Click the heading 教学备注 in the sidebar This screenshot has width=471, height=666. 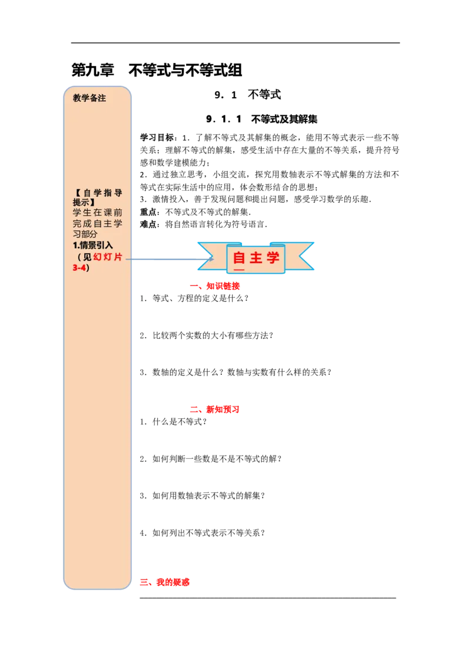click(x=89, y=98)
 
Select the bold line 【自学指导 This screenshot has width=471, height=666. click(x=97, y=193)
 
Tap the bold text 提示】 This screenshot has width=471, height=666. click(x=84, y=202)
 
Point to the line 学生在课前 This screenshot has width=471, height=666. click(x=97, y=212)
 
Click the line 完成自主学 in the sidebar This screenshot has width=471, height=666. click(x=97, y=224)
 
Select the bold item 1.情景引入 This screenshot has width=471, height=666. click(x=92, y=245)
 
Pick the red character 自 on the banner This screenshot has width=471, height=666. click(x=239, y=258)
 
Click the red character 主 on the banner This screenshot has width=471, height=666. click(x=256, y=258)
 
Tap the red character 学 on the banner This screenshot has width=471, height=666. click(x=273, y=258)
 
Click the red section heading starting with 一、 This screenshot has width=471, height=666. click(x=214, y=287)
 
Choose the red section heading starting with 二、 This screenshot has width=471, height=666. click(x=214, y=409)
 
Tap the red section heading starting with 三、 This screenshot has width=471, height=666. click(x=165, y=582)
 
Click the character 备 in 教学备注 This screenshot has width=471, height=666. click(x=94, y=98)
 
